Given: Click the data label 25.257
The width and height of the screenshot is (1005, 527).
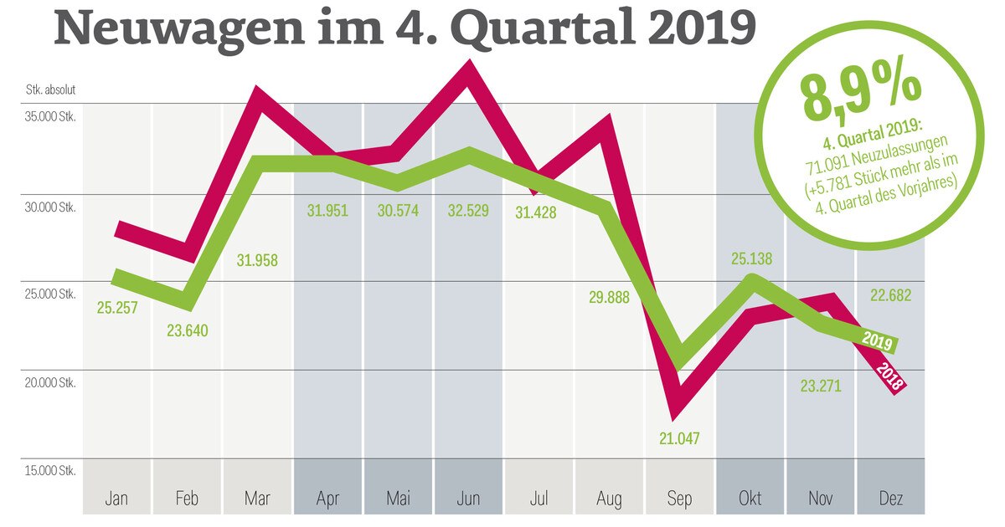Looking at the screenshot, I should click(x=117, y=308).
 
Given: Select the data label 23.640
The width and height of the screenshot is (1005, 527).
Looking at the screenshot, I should click(x=188, y=330).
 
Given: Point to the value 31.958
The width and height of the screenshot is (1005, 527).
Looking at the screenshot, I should click(x=257, y=260).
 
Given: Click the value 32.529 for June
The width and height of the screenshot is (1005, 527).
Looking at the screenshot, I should click(x=468, y=210).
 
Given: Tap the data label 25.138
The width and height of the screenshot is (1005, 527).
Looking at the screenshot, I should click(x=749, y=259).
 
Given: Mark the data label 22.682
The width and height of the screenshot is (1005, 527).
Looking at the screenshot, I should click(x=889, y=295).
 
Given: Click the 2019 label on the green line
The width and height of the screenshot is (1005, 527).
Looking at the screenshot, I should click(x=878, y=340).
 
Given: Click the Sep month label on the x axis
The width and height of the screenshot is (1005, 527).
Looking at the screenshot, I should click(x=679, y=499).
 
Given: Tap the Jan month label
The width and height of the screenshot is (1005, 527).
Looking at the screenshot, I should click(x=117, y=499).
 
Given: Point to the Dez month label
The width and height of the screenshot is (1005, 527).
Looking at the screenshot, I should click(x=889, y=499).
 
